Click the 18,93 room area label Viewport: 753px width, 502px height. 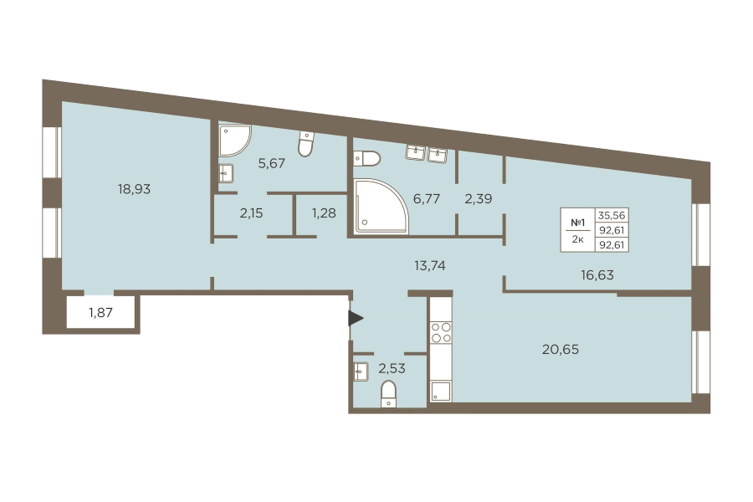pyautogui.click(x=134, y=189)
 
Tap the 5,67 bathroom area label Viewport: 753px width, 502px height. pyautogui.click(x=271, y=163)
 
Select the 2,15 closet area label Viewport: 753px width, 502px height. pyautogui.click(x=251, y=213)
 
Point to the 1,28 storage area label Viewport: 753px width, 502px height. pyautogui.click(x=324, y=213)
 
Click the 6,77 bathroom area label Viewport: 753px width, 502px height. pyautogui.click(x=427, y=198)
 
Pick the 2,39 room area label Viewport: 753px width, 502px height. pyautogui.click(x=479, y=198)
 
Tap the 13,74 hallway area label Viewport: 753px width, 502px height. pyautogui.click(x=430, y=265)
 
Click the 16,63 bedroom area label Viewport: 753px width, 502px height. pyautogui.click(x=597, y=274)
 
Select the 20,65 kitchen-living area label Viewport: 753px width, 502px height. pyautogui.click(x=561, y=349)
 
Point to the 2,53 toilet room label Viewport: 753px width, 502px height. pyautogui.click(x=392, y=368)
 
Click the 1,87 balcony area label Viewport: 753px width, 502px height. pyautogui.click(x=101, y=313)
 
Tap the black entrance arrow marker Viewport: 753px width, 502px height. pyautogui.click(x=356, y=319)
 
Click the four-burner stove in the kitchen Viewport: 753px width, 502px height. pyautogui.click(x=441, y=332)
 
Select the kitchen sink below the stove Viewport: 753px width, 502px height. pyautogui.click(x=441, y=391)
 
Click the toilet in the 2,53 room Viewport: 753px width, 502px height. pyautogui.click(x=388, y=394)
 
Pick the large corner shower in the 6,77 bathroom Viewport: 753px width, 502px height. pyautogui.click(x=381, y=207)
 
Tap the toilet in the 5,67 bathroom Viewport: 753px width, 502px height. pyautogui.click(x=306, y=144)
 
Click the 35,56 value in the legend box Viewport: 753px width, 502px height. pyautogui.click(x=612, y=215)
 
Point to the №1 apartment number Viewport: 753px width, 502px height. pyautogui.click(x=577, y=223)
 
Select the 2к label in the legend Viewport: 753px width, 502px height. pyautogui.click(x=577, y=239)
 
